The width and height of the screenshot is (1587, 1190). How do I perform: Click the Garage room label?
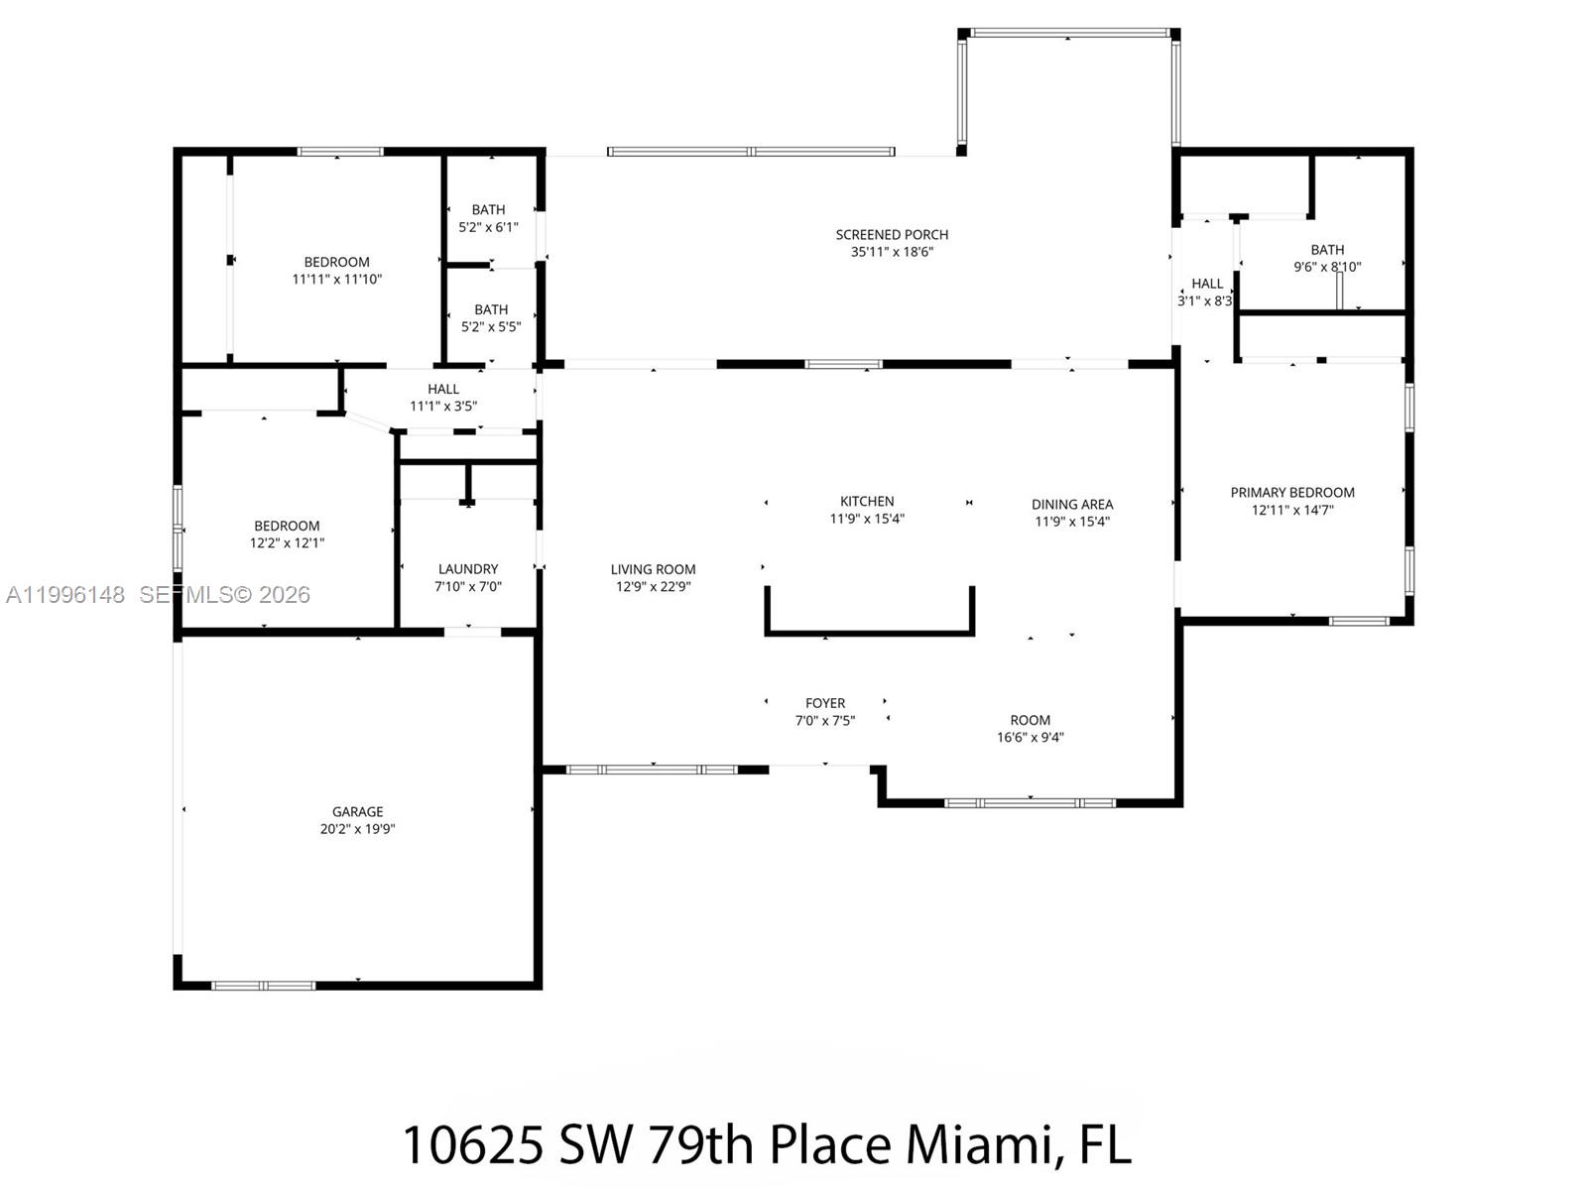click(357, 811)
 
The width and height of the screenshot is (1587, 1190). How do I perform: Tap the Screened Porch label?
click(892, 235)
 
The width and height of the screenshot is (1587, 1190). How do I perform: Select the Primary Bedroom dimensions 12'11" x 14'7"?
click(1292, 510)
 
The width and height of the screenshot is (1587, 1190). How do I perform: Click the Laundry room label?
click(468, 569)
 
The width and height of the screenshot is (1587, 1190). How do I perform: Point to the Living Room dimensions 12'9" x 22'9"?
click(653, 586)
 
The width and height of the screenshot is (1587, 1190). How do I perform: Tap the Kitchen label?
click(867, 502)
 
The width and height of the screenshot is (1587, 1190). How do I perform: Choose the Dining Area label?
click(1072, 504)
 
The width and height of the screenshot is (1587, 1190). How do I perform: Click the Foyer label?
click(825, 703)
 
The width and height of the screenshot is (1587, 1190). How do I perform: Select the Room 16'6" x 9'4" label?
click(1030, 720)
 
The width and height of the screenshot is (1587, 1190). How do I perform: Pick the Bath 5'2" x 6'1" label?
click(488, 210)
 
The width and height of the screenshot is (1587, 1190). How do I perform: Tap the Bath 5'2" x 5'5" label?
click(491, 309)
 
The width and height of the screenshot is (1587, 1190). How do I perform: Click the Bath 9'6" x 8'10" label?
click(1327, 250)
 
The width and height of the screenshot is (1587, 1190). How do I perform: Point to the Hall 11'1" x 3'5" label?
click(443, 389)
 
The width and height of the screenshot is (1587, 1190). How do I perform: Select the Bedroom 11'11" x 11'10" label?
click(337, 262)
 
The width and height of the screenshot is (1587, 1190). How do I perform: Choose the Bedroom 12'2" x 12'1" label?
click(287, 527)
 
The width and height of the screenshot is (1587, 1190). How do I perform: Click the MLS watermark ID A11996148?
click(65, 595)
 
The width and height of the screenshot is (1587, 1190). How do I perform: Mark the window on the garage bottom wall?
click(264, 986)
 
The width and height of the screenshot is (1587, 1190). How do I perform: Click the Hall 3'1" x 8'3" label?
click(1206, 284)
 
